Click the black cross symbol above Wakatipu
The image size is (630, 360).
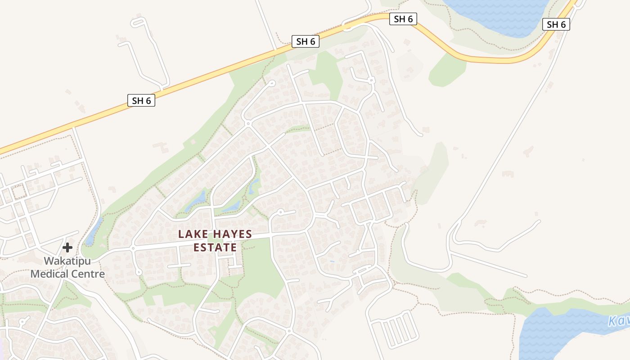tap(67, 247)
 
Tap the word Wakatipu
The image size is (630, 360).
tap(67, 261)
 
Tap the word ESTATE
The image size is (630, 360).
tap(215, 247)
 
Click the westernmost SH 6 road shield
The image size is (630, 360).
tap(141, 100)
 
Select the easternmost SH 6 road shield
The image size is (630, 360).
tap(556, 24)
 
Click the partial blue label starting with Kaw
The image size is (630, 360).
tap(619, 321)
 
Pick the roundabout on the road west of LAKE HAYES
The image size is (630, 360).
tap(133, 248)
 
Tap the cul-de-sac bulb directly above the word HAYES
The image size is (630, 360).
tap(280, 211)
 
